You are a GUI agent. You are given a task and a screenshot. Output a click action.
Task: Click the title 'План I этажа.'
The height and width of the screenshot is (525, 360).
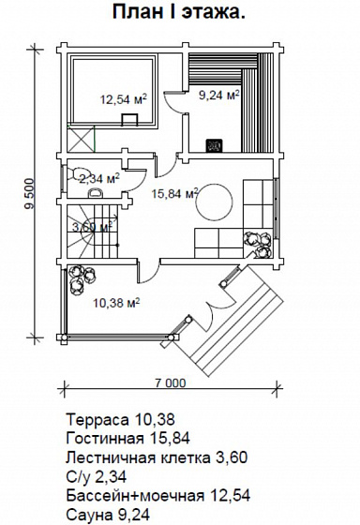tap(178, 12)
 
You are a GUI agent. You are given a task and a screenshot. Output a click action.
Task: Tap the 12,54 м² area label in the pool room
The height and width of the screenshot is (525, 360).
tap(124, 99)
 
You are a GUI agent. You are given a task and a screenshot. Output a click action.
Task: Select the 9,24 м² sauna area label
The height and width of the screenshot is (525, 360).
tap(219, 96)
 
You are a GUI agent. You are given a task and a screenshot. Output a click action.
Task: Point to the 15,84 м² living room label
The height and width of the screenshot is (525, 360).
tap(174, 193)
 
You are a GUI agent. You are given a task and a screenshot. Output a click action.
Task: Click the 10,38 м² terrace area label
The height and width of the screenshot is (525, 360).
tap(116, 303)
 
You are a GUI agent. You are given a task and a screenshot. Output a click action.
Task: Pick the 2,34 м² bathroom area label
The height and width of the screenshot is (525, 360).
tap(99, 179)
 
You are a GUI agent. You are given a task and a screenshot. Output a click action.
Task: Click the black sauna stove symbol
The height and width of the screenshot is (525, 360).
tap(214, 145)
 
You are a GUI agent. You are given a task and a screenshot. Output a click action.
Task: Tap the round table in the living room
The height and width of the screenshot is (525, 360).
tap(215, 202)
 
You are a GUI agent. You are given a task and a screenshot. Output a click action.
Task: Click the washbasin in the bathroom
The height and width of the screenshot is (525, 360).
tap(97, 193)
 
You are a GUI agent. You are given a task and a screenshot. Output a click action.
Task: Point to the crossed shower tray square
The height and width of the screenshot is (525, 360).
tap(81, 139)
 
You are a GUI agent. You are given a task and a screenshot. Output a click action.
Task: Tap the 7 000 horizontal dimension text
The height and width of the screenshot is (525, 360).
tap(170, 382)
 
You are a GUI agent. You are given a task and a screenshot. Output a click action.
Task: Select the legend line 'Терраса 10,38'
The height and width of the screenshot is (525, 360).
tap(121, 419)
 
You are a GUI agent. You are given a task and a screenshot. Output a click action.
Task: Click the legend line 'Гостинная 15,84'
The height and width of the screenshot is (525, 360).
tap(128, 438)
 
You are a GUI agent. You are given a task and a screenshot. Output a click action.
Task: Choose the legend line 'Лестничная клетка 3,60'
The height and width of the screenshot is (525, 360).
tap(157, 457)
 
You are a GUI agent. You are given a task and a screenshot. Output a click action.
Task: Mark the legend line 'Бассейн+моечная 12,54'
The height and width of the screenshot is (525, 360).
tap(158, 496)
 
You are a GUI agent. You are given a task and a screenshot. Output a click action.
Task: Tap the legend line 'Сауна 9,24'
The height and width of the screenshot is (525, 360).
tap(108, 515)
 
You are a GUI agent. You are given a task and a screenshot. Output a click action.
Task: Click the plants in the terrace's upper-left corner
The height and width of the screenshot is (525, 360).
tap(81, 278)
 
